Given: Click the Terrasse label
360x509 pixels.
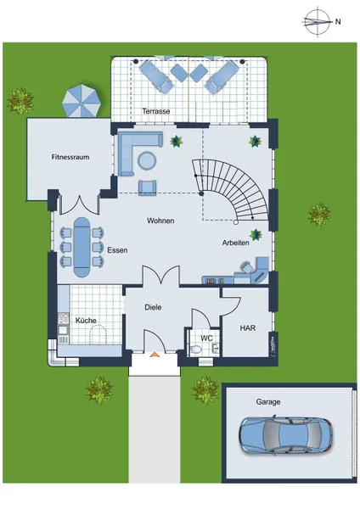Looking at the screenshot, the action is [156, 111].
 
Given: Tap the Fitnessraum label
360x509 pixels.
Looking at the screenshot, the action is [70, 157].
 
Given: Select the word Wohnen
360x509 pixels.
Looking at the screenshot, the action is [160, 221].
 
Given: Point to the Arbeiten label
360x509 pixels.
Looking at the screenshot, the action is [236, 243].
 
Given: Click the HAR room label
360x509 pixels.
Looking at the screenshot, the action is [248, 328].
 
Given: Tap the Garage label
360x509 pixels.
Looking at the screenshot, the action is [268, 402].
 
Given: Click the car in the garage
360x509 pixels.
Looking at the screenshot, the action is [286, 435].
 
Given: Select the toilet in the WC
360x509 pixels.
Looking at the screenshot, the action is [196, 350].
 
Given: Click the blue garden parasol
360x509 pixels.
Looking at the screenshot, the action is [81, 101].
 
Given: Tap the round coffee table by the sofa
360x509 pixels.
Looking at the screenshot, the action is [147, 160].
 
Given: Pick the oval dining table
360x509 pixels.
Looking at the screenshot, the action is [82, 247].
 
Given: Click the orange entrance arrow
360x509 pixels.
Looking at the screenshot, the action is [155, 355].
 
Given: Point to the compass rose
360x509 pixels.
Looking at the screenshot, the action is [317, 22].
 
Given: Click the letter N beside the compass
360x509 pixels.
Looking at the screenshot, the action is [338, 22].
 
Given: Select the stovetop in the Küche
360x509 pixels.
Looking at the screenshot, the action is [63, 318].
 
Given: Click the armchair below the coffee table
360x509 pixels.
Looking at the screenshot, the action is [147, 188].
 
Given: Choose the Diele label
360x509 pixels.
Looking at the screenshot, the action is [153, 307].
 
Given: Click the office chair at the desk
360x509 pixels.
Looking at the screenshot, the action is [246, 267].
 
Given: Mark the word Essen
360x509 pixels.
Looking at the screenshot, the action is [117, 250].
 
